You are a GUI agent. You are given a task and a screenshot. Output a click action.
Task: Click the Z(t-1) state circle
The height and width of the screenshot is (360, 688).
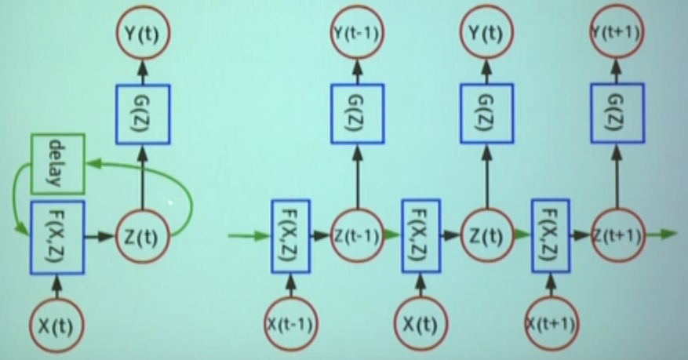pos(355,234)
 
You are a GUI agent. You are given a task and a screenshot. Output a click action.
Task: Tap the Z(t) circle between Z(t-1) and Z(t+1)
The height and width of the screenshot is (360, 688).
pos(485,234)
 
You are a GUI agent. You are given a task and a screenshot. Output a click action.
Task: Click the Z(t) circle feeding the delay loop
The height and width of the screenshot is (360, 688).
pos(143,234)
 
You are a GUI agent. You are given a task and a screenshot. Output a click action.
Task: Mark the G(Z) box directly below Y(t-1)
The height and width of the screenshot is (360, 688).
pos(355,112)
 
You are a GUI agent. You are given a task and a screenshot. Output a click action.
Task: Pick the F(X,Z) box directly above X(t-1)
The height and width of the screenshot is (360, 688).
pos(291,235)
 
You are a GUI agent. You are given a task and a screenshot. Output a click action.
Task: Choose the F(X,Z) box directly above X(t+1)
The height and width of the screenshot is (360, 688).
pos(551,235)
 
